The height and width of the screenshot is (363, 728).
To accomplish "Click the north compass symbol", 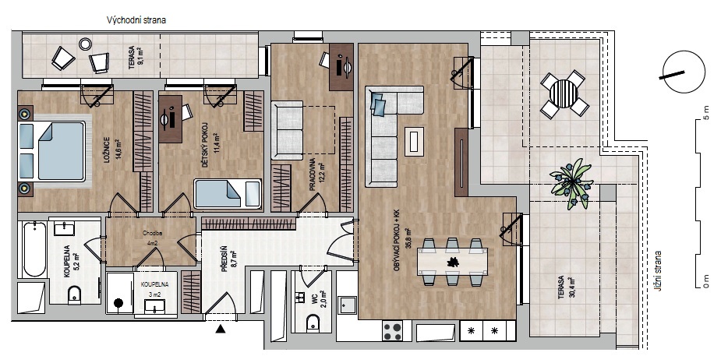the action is (684, 72).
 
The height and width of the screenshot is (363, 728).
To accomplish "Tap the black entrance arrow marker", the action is (221, 329).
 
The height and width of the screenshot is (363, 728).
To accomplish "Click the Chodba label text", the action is (150, 234).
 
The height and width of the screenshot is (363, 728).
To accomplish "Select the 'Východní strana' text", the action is (136, 20).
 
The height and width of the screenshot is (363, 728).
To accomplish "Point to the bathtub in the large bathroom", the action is (34, 249).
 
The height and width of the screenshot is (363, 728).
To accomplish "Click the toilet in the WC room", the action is (313, 323).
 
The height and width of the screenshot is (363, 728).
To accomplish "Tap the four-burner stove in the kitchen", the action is (392, 331).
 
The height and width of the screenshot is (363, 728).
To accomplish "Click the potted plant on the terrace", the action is (571, 184).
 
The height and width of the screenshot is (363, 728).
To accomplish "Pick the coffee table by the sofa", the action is (414, 141).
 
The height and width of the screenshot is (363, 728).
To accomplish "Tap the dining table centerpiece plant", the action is (451, 263).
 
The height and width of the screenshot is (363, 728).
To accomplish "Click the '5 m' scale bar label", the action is (706, 112).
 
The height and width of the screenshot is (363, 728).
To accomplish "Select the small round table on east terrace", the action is (85, 44).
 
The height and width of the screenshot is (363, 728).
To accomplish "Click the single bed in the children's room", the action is (228, 193).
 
